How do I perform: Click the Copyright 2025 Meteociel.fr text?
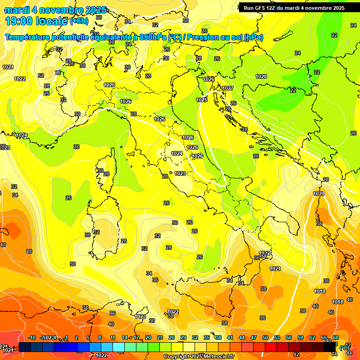click(x=198, y=356)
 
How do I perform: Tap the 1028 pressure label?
click(x=261, y=76)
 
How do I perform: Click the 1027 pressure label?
click(x=228, y=88)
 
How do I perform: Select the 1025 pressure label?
click(x=202, y=100)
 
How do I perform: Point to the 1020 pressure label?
click(x=319, y=194)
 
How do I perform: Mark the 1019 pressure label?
click(x=320, y=291)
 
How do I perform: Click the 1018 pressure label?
click(x=337, y=301)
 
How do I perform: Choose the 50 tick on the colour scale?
click(x=265, y=337)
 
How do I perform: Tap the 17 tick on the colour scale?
click(x=136, y=337)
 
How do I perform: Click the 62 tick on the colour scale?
click(x=312, y=337)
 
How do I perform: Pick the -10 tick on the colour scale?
click(x=32, y=337)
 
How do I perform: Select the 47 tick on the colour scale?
click(x=254, y=337)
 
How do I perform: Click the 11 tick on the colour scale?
click(x=112, y=337)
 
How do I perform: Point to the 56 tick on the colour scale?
click(x=289, y=337)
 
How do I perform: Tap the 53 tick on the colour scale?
click(x=277, y=337)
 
